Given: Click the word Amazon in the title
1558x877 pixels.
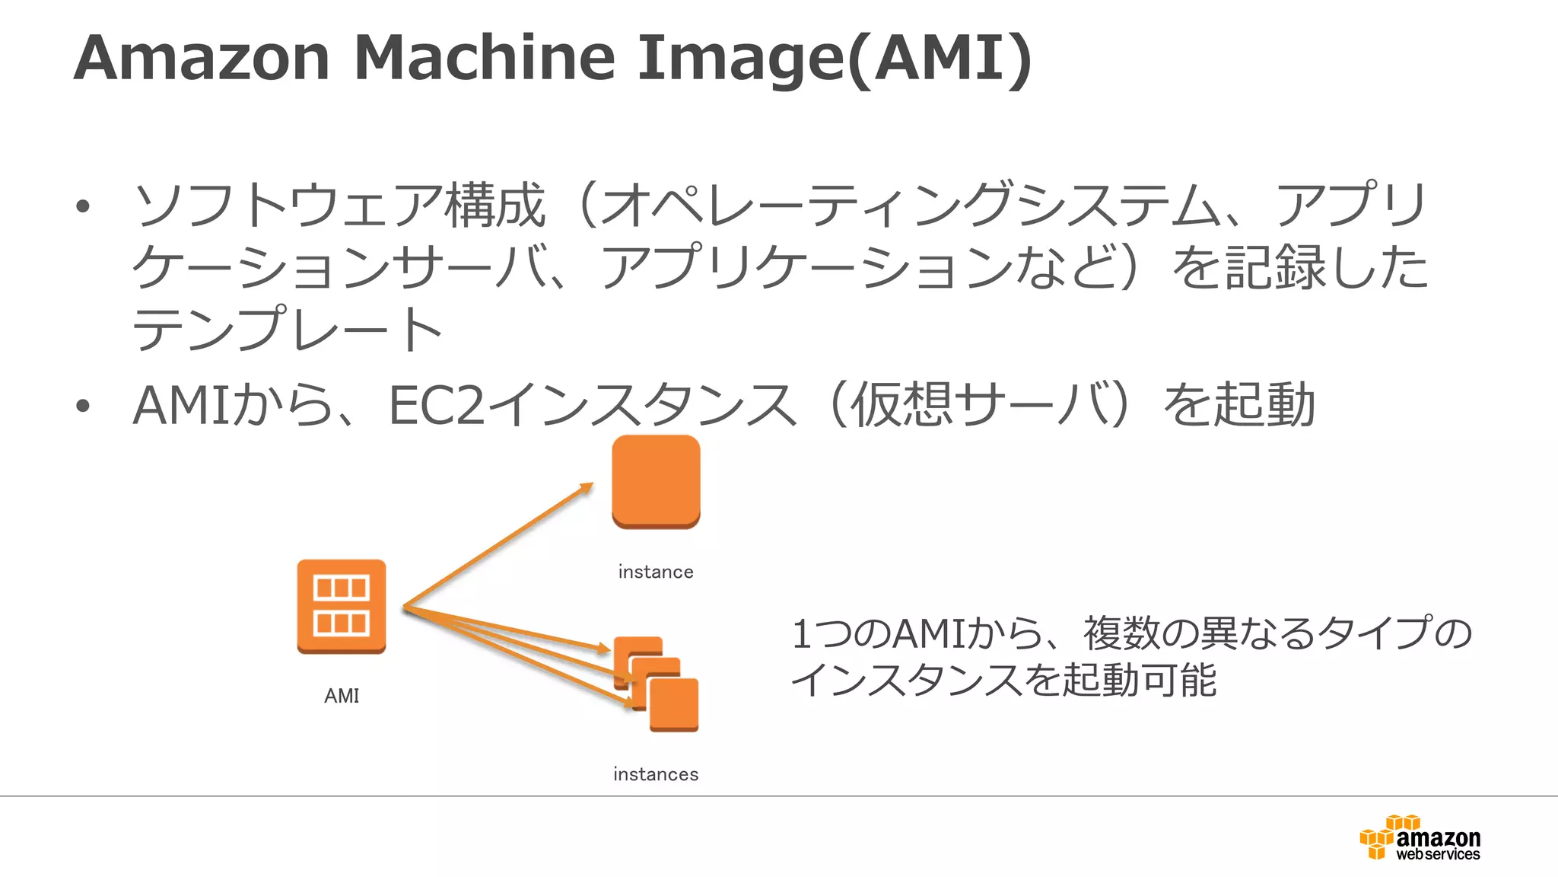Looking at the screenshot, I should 202,58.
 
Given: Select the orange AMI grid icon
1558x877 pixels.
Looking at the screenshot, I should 342,606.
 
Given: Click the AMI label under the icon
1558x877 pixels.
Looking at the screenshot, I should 342,696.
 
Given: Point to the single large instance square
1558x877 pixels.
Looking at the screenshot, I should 656,481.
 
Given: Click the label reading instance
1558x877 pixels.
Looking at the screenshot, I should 656,572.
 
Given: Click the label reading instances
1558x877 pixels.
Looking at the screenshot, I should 656,774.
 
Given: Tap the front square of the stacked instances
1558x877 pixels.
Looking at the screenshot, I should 674,705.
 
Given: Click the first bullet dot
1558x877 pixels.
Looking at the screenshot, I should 83,206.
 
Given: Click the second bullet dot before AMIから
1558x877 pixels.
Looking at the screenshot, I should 83,406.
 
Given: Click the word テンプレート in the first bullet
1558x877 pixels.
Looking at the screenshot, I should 288,330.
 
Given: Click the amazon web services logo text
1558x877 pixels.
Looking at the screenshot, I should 1438,845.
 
